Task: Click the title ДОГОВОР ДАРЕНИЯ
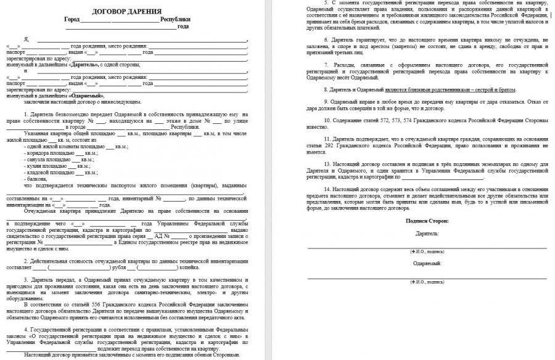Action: (128, 12)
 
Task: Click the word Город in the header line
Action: (72, 20)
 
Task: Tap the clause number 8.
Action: (326, 89)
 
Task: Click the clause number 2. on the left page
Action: (25, 261)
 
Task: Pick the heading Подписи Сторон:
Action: (427, 221)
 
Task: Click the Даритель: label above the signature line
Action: (427, 234)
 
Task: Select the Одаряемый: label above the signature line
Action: (427, 263)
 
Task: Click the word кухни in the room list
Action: (39, 166)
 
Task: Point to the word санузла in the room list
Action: (41, 160)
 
